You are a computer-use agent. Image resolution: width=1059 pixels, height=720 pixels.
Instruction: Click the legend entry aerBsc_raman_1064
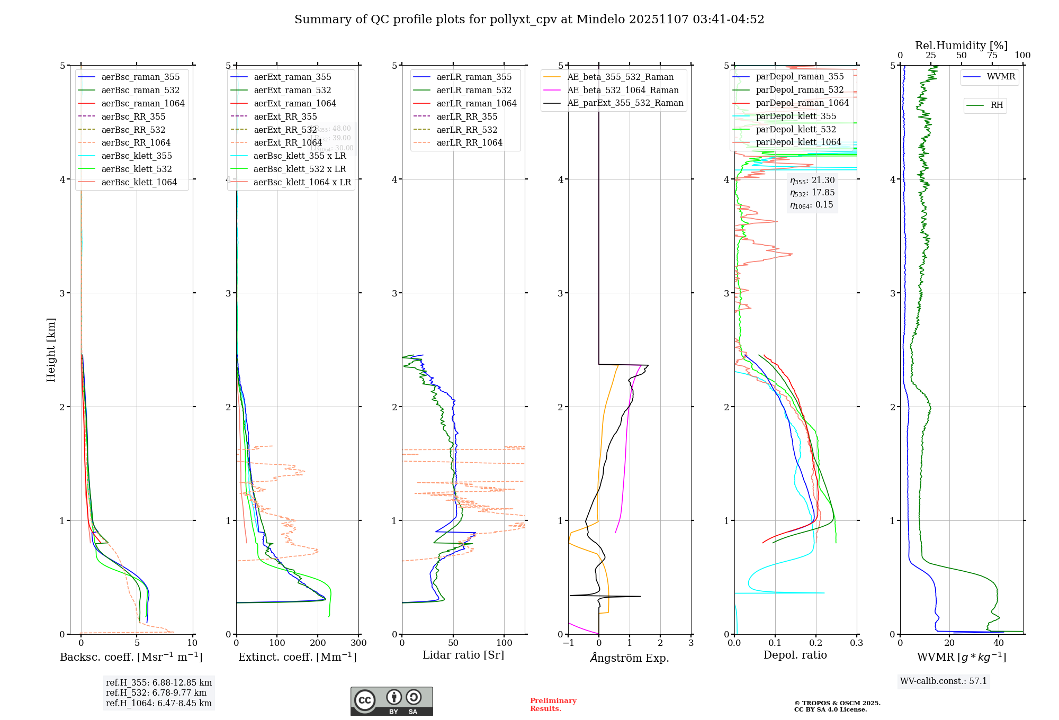[143, 103]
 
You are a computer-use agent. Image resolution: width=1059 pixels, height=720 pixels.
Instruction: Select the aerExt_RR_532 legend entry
[285, 130]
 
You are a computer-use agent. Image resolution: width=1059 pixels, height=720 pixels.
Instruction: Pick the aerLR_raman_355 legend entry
[474, 77]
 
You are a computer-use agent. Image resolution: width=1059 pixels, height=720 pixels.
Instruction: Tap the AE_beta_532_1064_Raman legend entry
[623, 90]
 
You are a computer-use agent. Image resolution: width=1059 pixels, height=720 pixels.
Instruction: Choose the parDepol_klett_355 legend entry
[796, 116]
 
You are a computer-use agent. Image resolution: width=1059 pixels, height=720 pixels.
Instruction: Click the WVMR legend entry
[1001, 77]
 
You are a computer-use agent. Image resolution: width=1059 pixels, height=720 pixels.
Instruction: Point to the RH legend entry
[997, 105]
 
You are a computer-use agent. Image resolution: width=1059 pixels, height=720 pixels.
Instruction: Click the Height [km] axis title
[51, 350]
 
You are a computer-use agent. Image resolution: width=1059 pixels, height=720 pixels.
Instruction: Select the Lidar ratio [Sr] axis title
[463, 655]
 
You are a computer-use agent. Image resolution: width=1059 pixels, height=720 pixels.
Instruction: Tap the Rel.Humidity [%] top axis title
[961, 46]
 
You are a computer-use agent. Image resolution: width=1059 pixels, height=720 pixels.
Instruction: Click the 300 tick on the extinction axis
[359, 643]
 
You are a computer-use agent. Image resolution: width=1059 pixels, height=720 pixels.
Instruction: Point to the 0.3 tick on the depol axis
[857, 643]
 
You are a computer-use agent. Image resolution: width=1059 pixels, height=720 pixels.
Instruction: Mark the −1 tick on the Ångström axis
[568, 643]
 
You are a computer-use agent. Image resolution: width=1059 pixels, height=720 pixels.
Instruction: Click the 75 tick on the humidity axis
[992, 56]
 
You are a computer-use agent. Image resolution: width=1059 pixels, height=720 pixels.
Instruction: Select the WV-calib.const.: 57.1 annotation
[944, 681]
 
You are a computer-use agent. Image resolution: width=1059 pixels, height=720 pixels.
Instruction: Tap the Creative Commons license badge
[391, 701]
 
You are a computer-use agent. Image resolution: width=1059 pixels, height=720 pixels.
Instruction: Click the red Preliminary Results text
[553, 704]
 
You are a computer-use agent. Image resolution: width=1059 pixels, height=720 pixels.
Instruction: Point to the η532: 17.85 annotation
[812, 193]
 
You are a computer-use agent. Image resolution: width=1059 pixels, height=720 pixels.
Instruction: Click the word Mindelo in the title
[600, 20]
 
